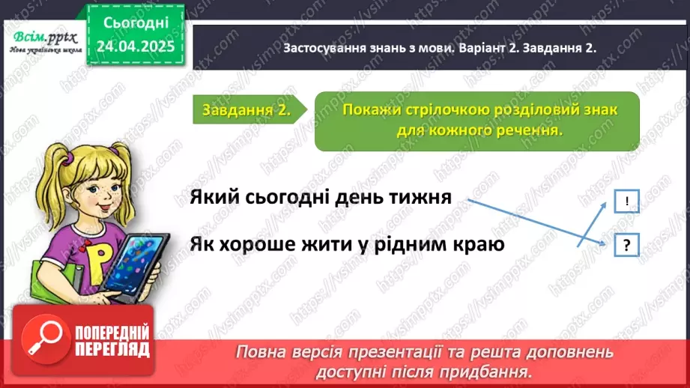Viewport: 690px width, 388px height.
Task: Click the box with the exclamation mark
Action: [626, 201]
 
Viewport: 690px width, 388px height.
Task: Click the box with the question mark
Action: [626, 245]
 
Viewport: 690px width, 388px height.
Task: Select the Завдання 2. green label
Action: [246, 110]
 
